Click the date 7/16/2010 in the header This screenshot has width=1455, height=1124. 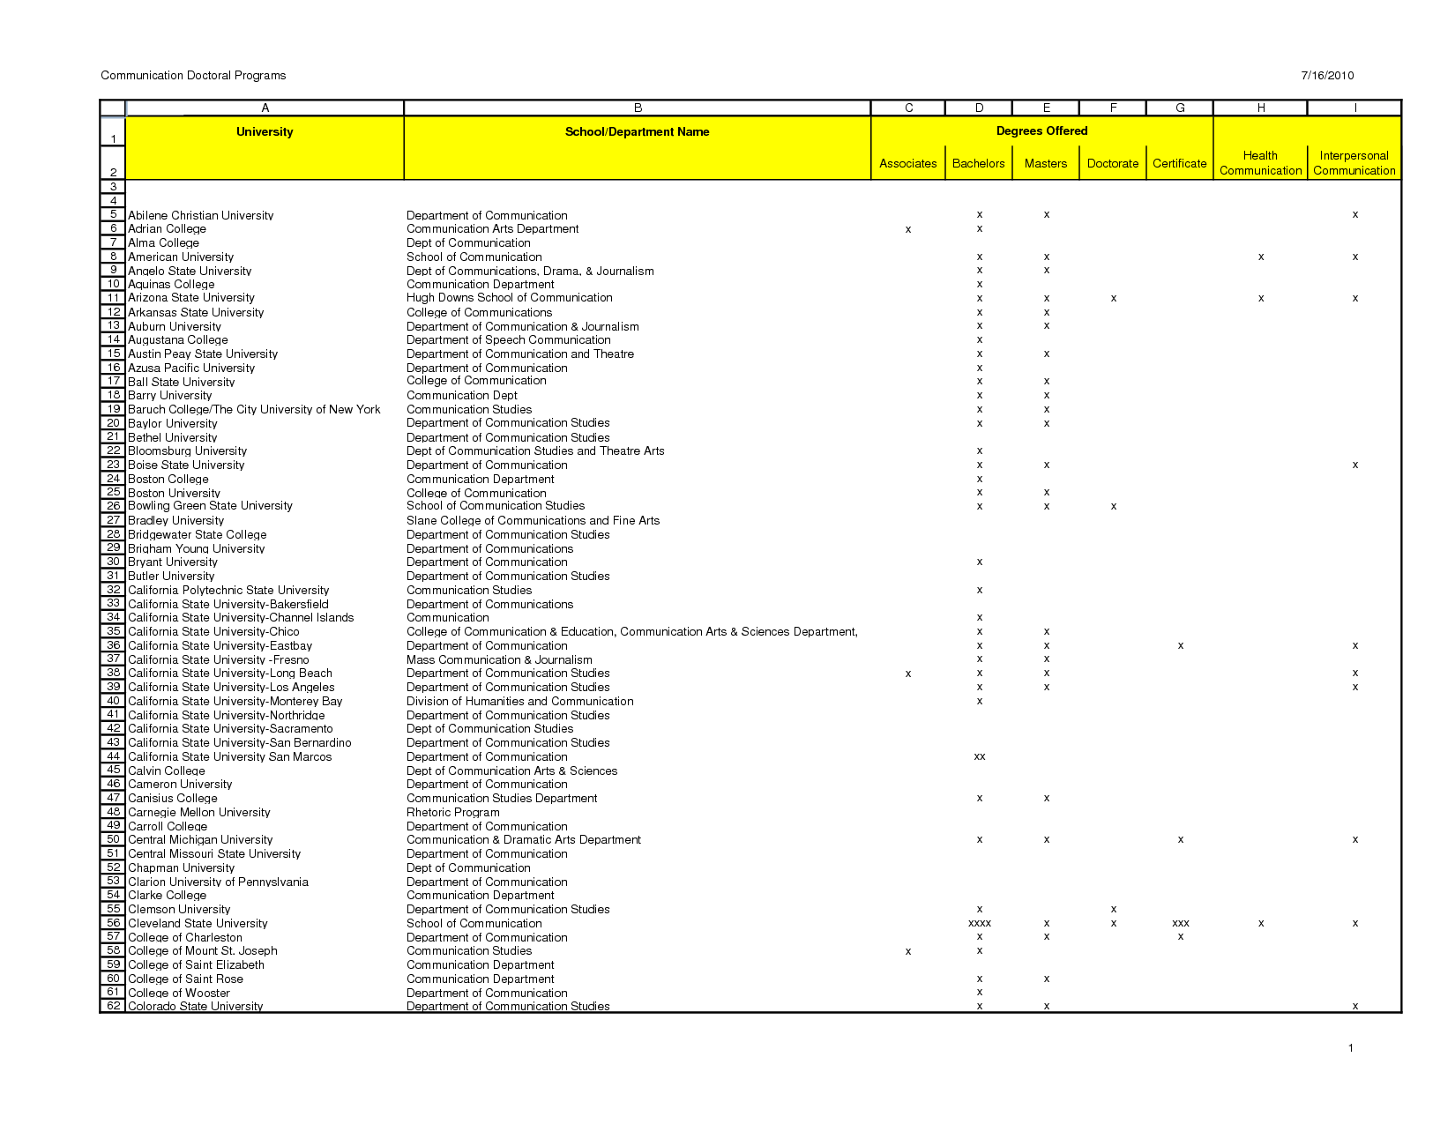(1327, 76)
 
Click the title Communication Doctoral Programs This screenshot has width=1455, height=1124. (193, 76)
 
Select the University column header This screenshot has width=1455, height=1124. (265, 132)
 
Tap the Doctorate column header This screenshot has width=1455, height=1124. (1113, 164)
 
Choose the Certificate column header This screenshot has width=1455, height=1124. (1179, 164)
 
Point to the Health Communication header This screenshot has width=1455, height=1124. (1260, 163)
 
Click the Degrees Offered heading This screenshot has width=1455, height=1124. (1041, 131)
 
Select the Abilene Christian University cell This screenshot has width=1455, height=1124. (201, 216)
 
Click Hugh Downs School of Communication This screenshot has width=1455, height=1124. (509, 298)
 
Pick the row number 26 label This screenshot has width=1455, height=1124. (114, 506)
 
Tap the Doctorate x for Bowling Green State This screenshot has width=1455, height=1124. (1114, 507)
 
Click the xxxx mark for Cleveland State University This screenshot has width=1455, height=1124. (980, 924)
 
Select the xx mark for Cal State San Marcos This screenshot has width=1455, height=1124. (980, 757)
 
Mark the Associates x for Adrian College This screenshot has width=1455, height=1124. (908, 230)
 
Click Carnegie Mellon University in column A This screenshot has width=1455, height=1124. (199, 813)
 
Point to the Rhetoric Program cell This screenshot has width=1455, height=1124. (453, 813)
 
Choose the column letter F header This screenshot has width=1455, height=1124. (1114, 108)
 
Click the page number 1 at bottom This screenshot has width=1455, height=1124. (1350, 1048)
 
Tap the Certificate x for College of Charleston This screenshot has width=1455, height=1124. (1181, 937)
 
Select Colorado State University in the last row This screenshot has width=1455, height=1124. (196, 1007)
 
